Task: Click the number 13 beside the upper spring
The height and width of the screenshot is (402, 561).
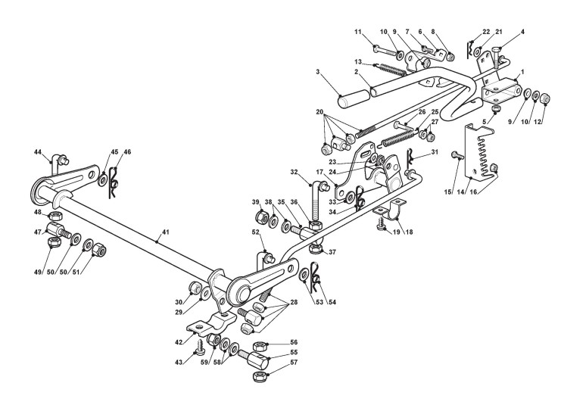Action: pos(358,61)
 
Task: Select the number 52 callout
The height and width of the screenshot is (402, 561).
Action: pos(257,232)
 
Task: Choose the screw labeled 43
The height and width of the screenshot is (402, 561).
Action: pos(199,349)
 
